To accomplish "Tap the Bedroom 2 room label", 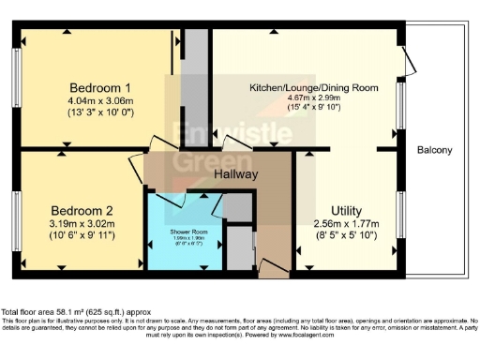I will click(x=82, y=210).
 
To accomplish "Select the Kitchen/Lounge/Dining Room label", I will click(x=313, y=87).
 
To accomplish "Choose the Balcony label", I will click(x=434, y=150).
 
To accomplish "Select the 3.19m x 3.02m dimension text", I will click(x=82, y=224).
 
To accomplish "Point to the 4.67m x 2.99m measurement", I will click(x=313, y=97).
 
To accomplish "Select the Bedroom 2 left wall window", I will click(x=17, y=212).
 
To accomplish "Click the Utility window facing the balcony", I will click(x=401, y=214).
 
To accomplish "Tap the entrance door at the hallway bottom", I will click(x=273, y=271).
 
